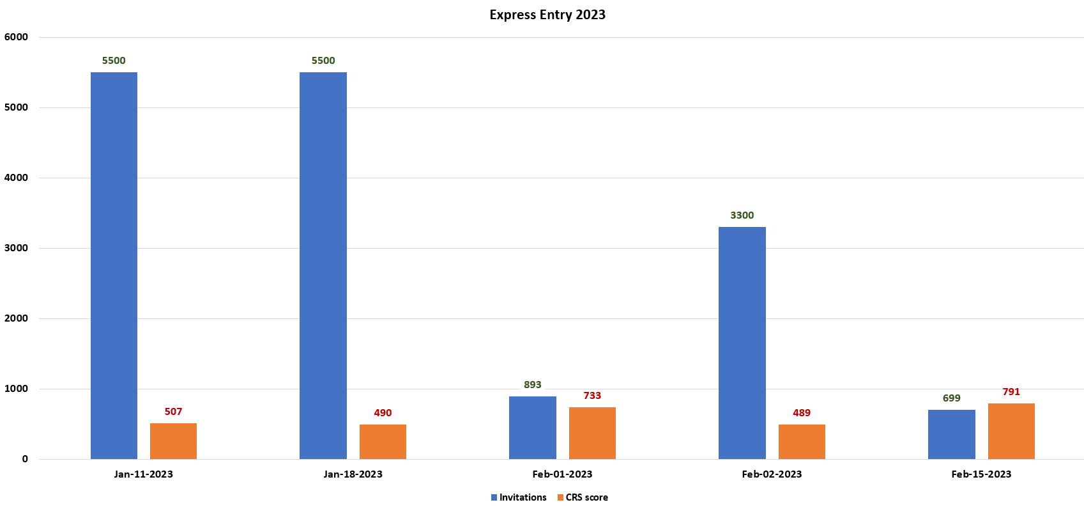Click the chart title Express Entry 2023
(547, 15)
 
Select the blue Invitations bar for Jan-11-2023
(114, 265)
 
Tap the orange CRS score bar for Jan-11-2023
(173, 441)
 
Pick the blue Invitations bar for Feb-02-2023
(742, 343)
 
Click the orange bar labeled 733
(592, 433)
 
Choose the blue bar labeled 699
(951, 434)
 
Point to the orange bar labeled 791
(1011, 431)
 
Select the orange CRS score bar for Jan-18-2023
(383, 442)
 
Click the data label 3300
(742, 215)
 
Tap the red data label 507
(173, 412)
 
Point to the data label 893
(532, 385)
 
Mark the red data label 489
(801, 413)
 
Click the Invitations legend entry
(519, 497)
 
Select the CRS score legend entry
(583, 497)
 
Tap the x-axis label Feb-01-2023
(562, 474)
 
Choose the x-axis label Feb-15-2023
(981, 474)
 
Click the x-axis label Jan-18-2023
(353, 474)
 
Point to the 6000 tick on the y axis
(17, 37)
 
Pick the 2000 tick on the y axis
(17, 318)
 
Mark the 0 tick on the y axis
(25, 459)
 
